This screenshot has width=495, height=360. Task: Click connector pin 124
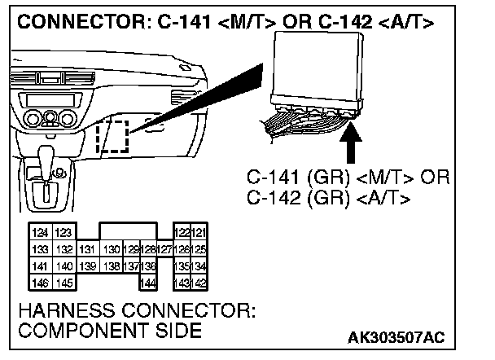tap(38, 234)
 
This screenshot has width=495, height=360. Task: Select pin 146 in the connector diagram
tap(38, 282)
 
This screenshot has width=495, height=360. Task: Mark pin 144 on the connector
tap(148, 282)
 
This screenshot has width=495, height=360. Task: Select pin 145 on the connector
tap(64, 282)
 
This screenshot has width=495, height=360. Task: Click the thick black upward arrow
tap(352, 144)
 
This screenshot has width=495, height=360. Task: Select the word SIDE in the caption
tap(173, 331)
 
